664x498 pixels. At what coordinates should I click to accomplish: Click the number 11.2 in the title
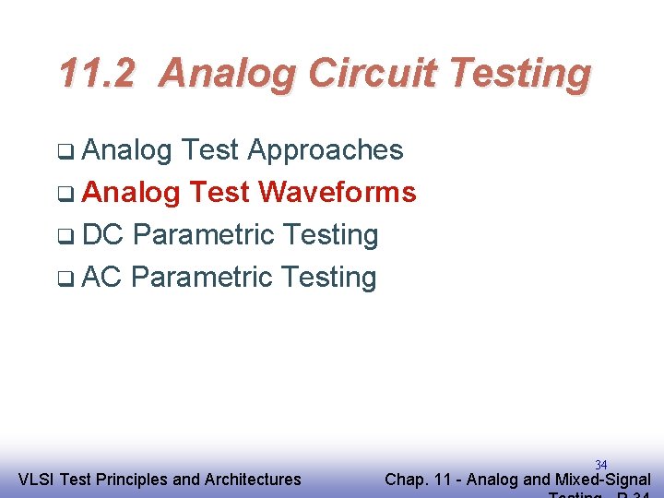[x=96, y=73]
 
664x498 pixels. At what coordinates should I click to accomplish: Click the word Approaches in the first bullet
[x=326, y=150]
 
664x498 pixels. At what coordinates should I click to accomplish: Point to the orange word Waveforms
[x=338, y=193]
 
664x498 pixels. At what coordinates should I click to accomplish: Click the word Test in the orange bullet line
[x=219, y=193]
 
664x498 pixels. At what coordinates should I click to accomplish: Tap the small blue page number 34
[x=600, y=465]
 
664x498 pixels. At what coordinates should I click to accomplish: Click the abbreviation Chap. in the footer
[x=407, y=480]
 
